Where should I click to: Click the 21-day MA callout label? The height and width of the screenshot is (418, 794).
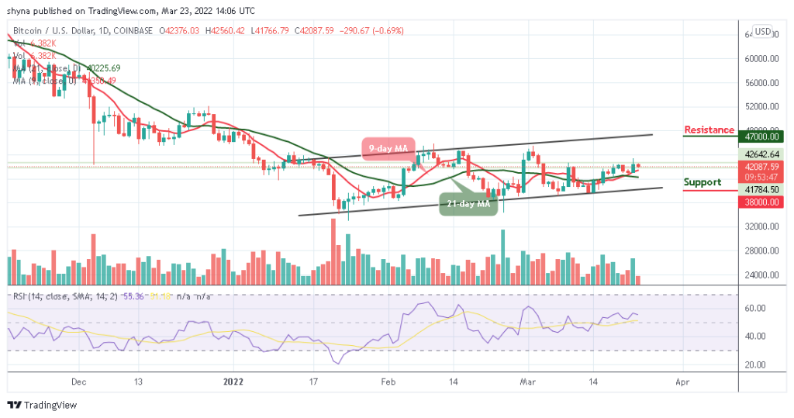tap(468, 205)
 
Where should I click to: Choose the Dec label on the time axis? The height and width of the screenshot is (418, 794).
tap(78, 382)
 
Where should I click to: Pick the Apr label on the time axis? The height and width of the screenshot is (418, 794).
tap(682, 382)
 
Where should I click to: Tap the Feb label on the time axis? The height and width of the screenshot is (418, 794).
tap(388, 382)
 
